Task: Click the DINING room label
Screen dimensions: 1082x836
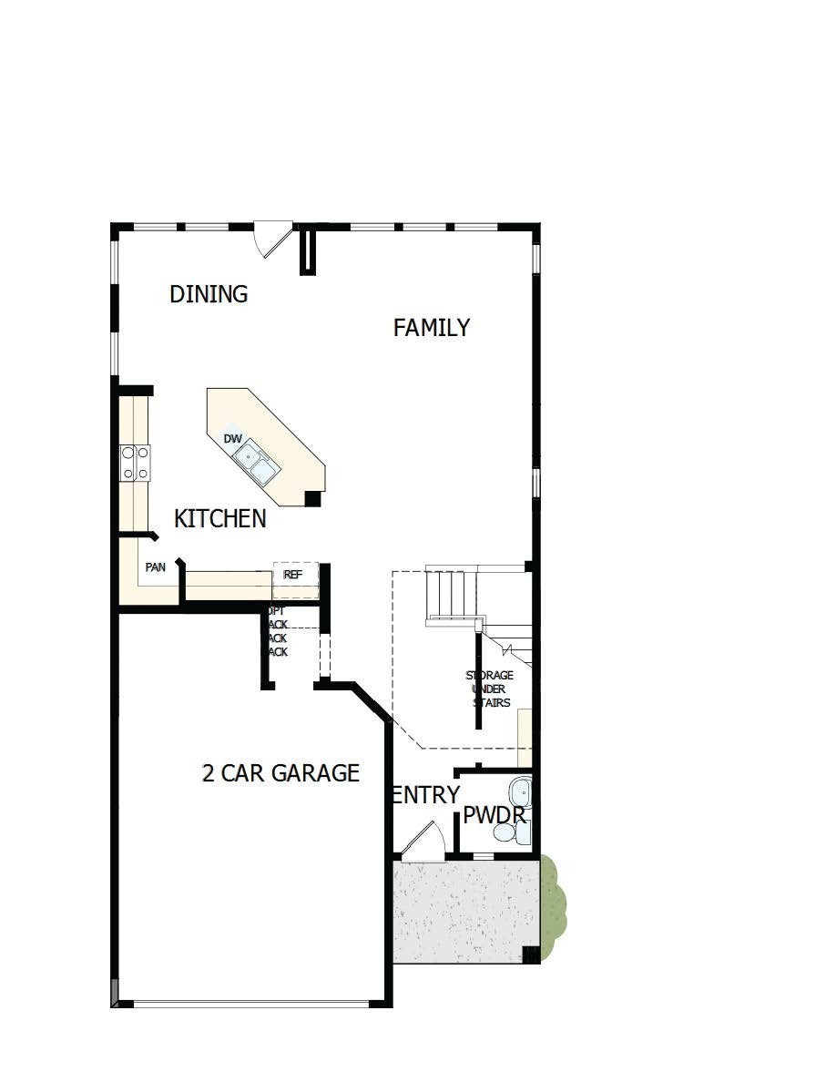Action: click(209, 294)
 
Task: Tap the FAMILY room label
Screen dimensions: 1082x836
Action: click(431, 328)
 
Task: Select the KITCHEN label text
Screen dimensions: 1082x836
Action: click(219, 519)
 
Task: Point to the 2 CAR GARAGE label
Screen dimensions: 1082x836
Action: click(280, 773)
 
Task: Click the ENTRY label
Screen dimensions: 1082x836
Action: click(425, 795)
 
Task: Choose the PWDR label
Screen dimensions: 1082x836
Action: click(494, 815)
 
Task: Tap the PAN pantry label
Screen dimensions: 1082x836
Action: click(155, 567)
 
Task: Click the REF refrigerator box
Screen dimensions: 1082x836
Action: click(294, 576)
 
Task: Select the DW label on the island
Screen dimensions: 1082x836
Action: click(233, 439)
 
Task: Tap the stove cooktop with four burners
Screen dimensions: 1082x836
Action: click(135, 462)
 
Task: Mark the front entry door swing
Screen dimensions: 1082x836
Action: click(423, 842)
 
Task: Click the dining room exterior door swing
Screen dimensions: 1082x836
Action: click(272, 239)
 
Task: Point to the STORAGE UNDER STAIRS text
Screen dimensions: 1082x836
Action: click(490, 689)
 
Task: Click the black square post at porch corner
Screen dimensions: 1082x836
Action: click(530, 954)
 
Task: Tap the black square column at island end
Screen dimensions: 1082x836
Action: click(312, 498)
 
